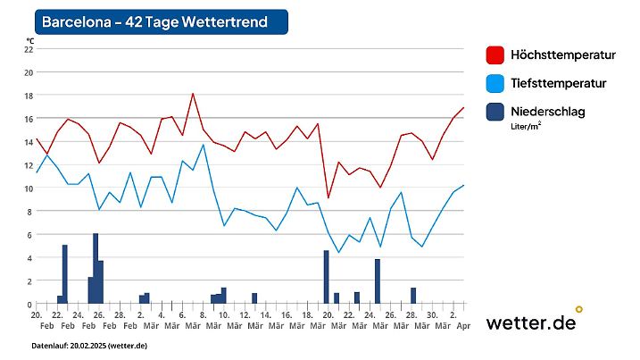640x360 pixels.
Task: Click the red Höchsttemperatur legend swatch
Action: [x=495, y=55]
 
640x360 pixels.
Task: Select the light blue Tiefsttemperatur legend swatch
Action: [x=495, y=83]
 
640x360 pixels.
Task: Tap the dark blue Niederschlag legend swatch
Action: [x=495, y=112]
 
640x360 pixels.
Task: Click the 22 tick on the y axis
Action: [x=28, y=49]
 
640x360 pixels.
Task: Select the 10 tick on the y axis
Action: [x=28, y=188]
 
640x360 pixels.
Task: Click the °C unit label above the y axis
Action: [x=29, y=40]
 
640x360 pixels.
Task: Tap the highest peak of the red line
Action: [x=193, y=94]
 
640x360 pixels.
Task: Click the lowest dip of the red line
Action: [x=328, y=197]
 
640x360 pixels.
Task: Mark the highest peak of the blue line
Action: [x=204, y=145]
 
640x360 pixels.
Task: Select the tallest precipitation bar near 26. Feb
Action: [x=96, y=268]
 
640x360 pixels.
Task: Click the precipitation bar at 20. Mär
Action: [x=327, y=277]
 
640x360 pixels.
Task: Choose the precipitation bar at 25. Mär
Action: [x=378, y=281]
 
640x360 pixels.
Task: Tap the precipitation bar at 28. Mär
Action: [x=413, y=296]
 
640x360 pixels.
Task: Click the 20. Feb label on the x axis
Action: [x=37, y=320]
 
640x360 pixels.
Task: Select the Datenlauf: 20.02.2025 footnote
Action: [x=89, y=345]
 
